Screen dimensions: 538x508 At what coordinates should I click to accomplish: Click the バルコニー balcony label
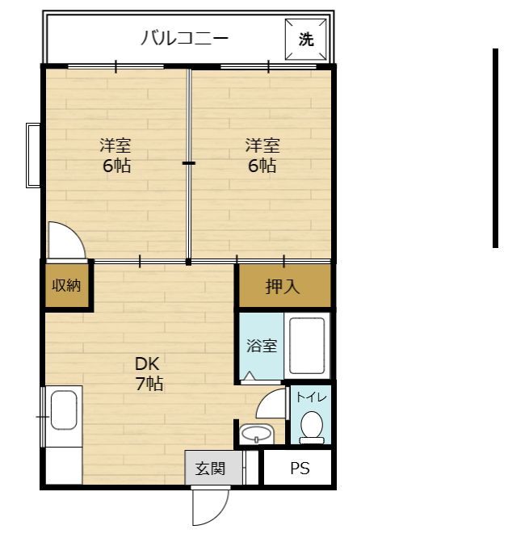[x=184, y=38]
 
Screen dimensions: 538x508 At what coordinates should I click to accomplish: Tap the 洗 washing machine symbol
[x=306, y=40]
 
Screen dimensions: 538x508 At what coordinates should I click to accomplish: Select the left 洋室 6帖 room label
[x=115, y=156]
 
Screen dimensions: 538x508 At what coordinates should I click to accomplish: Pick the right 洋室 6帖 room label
[x=262, y=156]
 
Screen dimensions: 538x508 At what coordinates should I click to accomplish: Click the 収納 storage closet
[x=67, y=286]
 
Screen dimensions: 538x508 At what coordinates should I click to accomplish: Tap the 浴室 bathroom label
[x=262, y=346]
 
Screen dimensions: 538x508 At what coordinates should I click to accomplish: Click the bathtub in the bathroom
[x=307, y=346]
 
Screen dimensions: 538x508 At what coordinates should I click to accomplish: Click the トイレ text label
[x=312, y=397]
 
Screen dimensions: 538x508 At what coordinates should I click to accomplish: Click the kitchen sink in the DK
[x=64, y=410]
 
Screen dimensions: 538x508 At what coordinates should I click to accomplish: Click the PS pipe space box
[x=300, y=469]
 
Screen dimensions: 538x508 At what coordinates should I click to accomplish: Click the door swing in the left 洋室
[x=64, y=240]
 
